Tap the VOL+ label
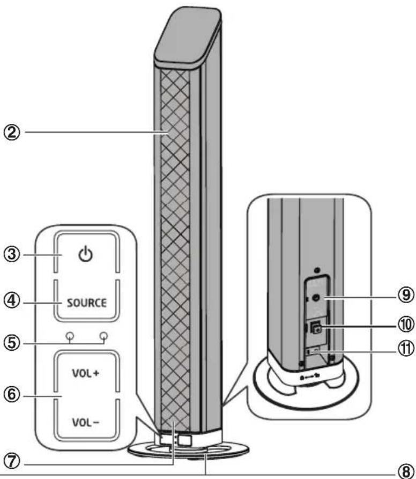pyautogui.click(x=86, y=373)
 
